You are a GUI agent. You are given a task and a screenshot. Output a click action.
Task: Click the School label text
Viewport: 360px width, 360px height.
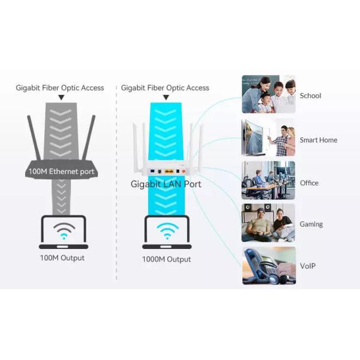310,95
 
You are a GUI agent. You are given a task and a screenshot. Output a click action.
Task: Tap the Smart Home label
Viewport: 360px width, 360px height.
318,140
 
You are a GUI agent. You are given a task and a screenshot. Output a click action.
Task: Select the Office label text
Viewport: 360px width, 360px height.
309,183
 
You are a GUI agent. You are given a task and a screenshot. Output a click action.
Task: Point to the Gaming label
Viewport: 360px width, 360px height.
311,224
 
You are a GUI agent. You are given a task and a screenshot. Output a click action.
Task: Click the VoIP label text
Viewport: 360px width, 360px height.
308,266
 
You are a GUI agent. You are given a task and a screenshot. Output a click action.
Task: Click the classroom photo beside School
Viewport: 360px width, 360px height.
268,94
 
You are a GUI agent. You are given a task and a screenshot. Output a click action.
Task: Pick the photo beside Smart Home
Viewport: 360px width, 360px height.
268,138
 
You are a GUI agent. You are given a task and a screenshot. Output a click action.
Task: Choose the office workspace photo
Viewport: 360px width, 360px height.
268,180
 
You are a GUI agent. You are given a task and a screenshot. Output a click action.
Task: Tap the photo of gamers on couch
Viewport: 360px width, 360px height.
268,223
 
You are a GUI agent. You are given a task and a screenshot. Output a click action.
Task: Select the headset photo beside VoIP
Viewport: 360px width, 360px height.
268,265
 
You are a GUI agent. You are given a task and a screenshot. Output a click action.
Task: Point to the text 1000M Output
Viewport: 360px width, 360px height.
166,259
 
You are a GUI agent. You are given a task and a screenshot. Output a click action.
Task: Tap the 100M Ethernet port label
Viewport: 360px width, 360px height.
62,172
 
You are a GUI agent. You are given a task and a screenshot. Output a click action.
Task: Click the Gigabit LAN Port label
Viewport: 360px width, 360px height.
166,184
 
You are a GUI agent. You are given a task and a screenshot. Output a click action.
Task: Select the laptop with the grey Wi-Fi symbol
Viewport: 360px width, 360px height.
64,232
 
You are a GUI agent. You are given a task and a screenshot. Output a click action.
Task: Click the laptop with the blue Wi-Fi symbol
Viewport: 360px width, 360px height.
167,232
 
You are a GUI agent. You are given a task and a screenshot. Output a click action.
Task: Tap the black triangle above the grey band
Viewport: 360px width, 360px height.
61,97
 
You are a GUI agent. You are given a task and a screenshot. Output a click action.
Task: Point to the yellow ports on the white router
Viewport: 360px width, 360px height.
169,172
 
